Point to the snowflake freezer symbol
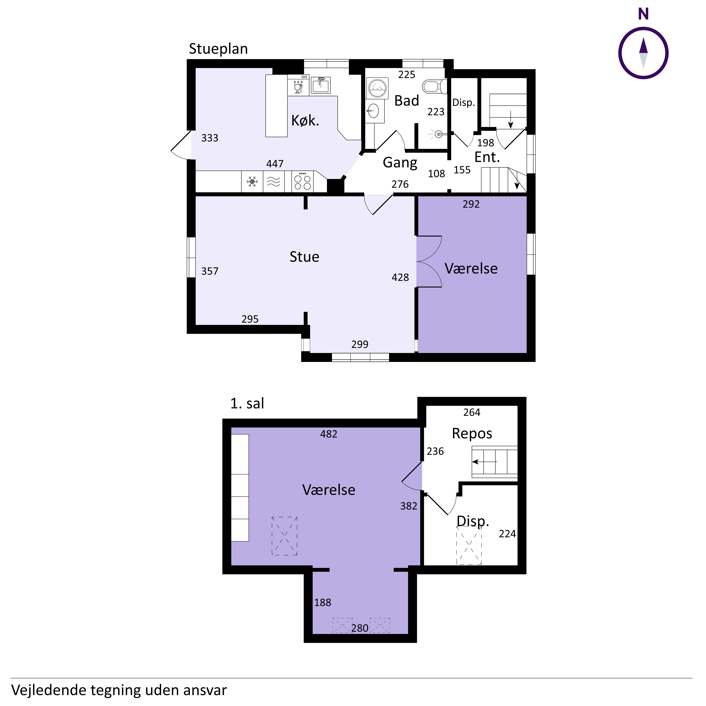(252, 181)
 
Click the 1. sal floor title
(247, 403)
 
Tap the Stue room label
(304, 257)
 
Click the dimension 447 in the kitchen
(275, 164)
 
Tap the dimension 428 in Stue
(400, 277)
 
